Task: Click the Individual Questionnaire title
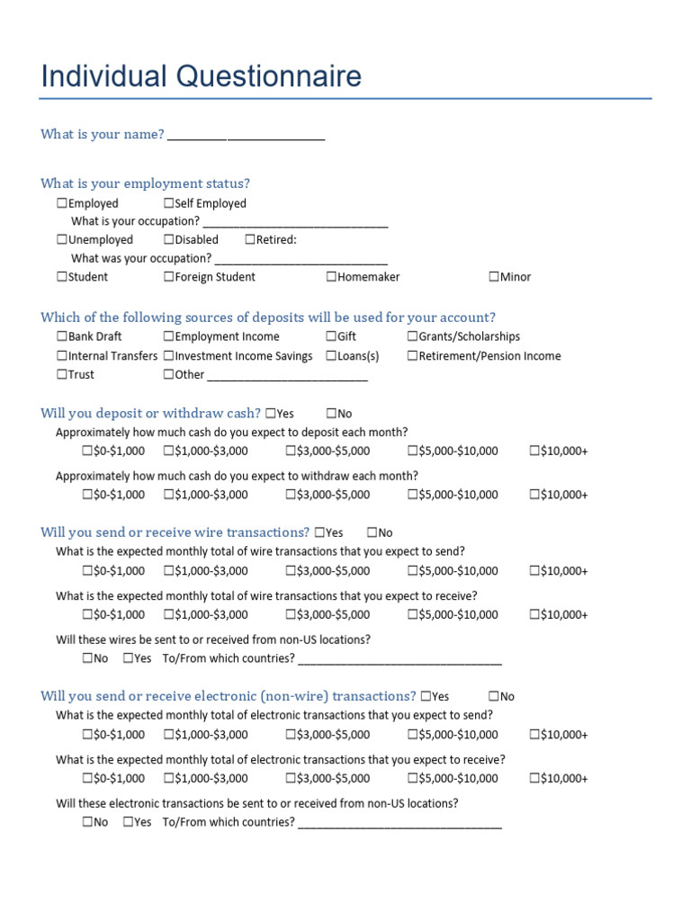click(201, 76)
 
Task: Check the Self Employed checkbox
click(169, 204)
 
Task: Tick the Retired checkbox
click(250, 240)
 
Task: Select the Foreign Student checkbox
click(169, 277)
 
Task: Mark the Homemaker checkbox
click(332, 277)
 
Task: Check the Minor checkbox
click(494, 277)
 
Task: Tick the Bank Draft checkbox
click(62, 336)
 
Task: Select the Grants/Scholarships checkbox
click(413, 336)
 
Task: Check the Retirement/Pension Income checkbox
click(413, 356)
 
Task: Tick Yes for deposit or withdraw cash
click(271, 414)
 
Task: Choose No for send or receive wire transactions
click(372, 533)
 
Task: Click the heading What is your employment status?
click(145, 183)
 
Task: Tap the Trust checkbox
click(62, 375)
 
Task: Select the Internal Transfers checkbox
click(62, 356)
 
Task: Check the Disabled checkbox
click(169, 240)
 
